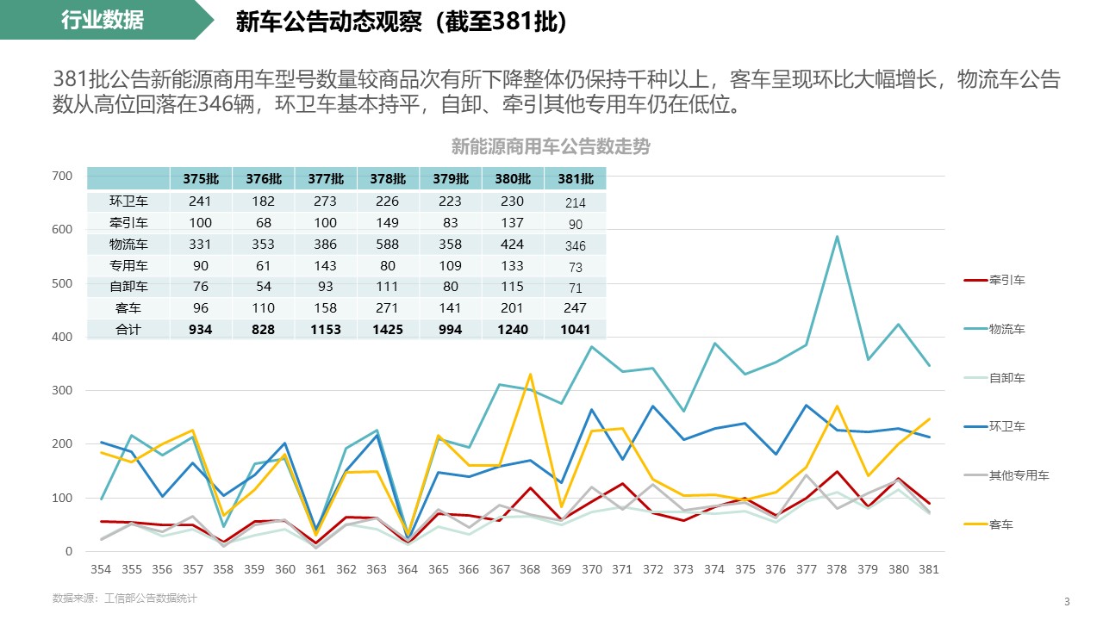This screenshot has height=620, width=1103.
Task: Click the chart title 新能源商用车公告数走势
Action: (551, 147)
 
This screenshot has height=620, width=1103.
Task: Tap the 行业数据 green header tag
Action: (103, 21)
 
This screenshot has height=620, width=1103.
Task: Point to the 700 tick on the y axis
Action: (63, 176)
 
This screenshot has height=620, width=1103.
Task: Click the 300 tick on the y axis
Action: (63, 391)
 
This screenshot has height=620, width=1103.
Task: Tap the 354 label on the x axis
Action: (101, 569)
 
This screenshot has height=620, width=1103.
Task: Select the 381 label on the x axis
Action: (927, 569)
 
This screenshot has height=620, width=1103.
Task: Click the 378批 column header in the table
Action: (388, 179)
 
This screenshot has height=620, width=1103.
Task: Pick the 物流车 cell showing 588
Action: (388, 245)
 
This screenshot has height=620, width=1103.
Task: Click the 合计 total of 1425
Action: (388, 330)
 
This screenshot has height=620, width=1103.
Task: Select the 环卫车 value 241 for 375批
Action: (201, 201)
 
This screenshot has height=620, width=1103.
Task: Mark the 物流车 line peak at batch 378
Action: (837, 237)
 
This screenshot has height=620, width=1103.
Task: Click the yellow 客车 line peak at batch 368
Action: (530, 374)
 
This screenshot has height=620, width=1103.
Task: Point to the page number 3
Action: (1067, 601)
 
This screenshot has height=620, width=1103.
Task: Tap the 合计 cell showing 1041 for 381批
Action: (576, 330)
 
